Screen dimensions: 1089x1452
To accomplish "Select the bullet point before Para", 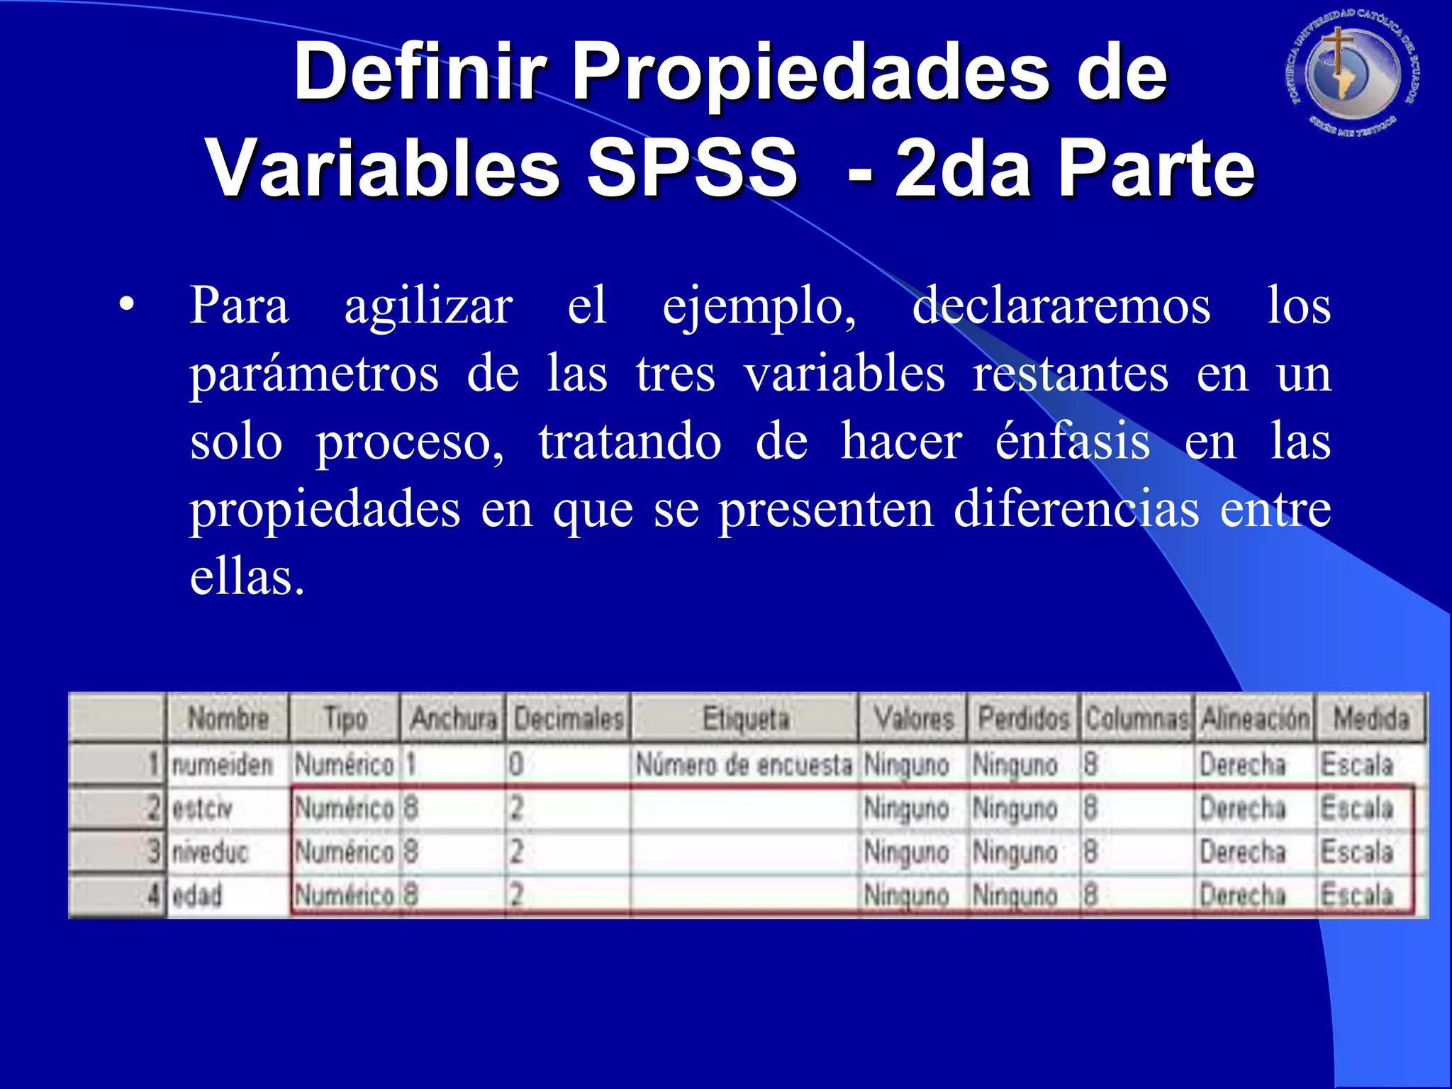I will pyautogui.click(x=127, y=305).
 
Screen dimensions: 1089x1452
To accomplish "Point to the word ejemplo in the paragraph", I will pyautogui.click(x=759, y=306).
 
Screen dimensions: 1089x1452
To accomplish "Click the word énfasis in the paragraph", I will pyautogui.click(x=1072, y=441).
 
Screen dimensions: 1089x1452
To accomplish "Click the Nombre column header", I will pyautogui.click(x=228, y=719).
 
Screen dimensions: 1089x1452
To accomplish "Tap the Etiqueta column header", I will pyautogui.click(x=746, y=719).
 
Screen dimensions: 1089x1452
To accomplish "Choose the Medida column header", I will pyautogui.click(x=1371, y=719).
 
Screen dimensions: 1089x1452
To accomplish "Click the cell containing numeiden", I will pyautogui.click(x=223, y=765).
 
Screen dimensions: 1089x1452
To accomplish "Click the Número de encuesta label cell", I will pyautogui.click(x=744, y=765).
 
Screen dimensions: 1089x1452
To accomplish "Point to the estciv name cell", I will pyautogui.click(x=203, y=809).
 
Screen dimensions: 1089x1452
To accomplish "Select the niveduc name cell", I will pyautogui.click(x=211, y=852).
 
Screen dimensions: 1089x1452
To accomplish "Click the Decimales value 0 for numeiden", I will pyautogui.click(x=516, y=765).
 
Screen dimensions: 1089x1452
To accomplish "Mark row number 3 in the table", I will pyautogui.click(x=153, y=852).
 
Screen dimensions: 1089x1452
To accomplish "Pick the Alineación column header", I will pyautogui.click(x=1255, y=719).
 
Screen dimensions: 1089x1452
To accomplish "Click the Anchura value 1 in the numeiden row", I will pyautogui.click(x=411, y=765).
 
